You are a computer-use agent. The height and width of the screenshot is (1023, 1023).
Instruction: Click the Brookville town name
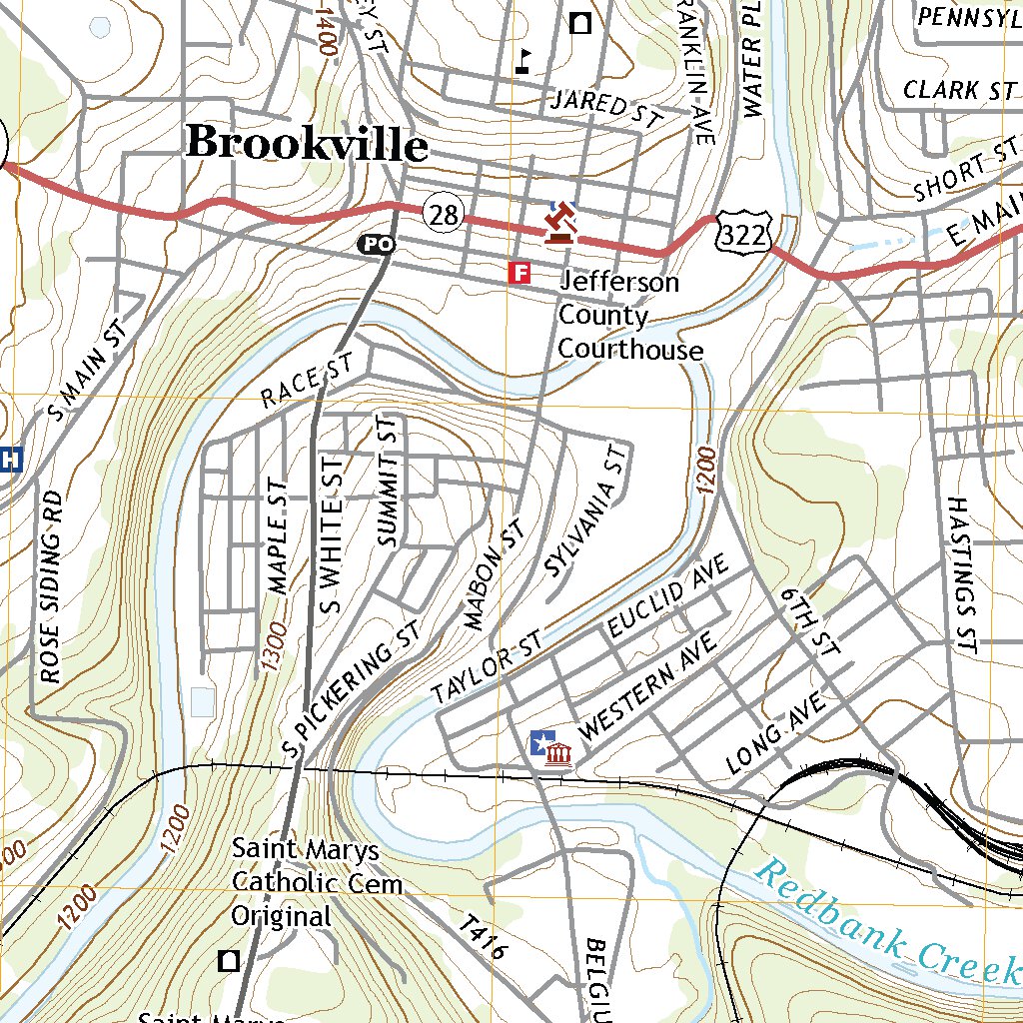pos(307,143)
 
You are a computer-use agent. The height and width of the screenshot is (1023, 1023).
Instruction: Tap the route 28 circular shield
pos(443,212)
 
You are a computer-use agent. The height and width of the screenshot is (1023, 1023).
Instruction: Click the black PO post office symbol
pos(376,244)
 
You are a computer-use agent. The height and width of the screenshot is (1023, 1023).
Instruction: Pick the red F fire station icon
pos(518,273)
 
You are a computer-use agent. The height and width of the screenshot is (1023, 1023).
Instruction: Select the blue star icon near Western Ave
pos(540,744)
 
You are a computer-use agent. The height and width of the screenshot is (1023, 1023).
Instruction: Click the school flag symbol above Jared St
pos(522,62)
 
